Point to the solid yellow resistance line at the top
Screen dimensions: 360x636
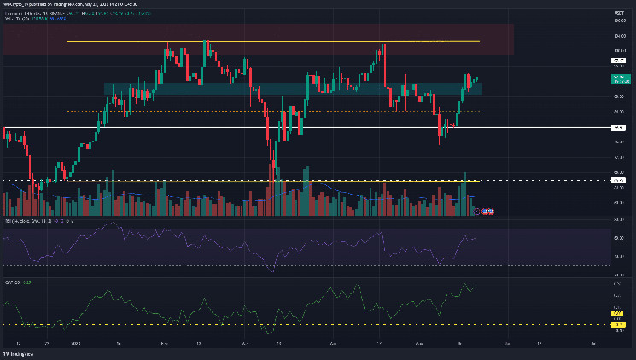pyautogui.click(x=273, y=41)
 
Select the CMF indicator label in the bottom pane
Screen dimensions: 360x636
pyautogui.click(x=12, y=280)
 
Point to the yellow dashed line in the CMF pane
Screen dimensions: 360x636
pyautogui.click(x=256, y=325)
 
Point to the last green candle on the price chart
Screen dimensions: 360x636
pyautogui.click(x=476, y=79)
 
